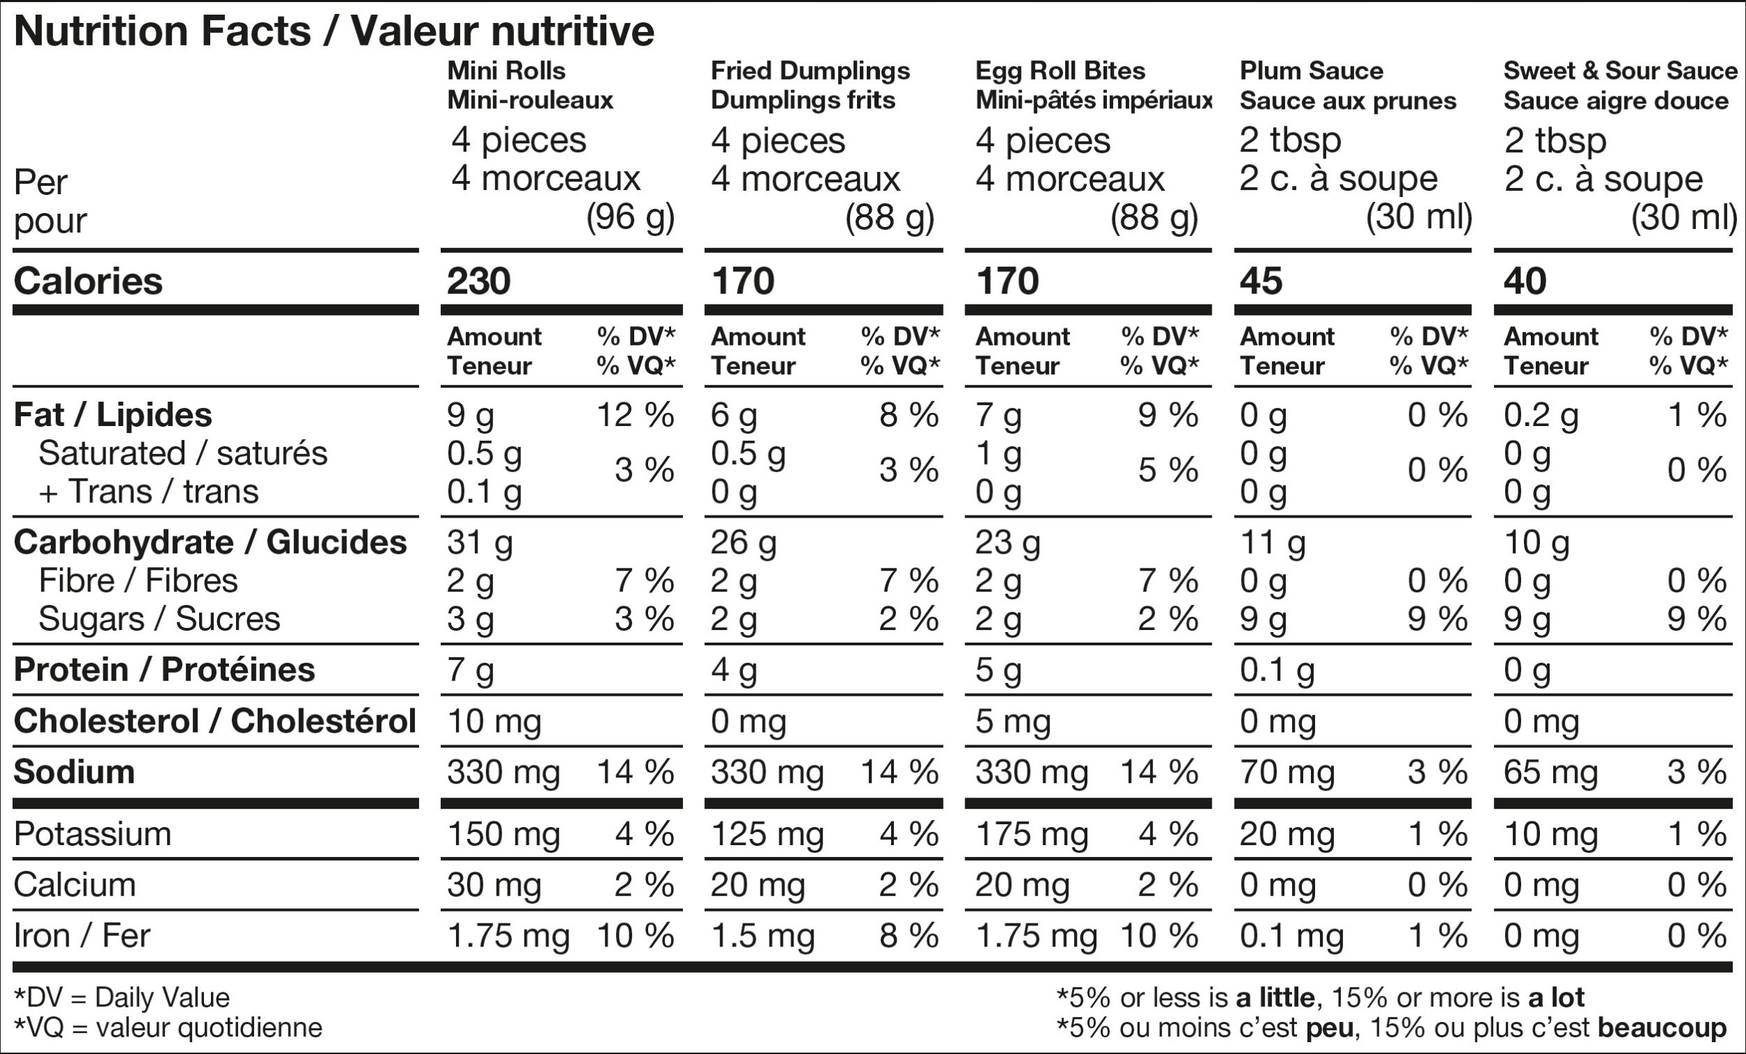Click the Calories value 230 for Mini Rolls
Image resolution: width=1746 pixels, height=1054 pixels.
(x=478, y=281)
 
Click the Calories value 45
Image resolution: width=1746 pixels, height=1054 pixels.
(x=1261, y=281)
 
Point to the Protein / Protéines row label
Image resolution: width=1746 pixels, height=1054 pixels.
(x=164, y=670)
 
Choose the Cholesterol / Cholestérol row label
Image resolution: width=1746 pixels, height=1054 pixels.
(x=214, y=721)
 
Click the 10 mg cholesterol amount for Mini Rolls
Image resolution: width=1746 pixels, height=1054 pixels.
(x=494, y=722)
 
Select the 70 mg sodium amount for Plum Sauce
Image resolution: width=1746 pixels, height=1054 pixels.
(x=1287, y=773)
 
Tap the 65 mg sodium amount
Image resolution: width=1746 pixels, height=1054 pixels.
(x=1551, y=773)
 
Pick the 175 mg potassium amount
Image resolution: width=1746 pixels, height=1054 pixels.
(x=1032, y=834)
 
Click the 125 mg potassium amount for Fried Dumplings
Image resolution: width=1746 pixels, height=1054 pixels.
(x=768, y=834)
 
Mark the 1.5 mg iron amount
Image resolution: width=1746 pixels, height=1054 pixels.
(x=763, y=937)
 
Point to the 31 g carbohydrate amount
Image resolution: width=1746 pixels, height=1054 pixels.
(x=480, y=543)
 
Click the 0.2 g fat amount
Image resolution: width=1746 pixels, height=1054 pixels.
(x=1541, y=416)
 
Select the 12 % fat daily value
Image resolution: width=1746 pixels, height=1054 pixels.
(x=635, y=415)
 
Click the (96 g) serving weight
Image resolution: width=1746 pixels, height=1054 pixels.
(x=630, y=218)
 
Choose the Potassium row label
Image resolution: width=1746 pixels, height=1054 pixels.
(x=93, y=834)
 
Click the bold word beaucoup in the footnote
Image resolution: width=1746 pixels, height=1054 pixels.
(x=1662, y=1027)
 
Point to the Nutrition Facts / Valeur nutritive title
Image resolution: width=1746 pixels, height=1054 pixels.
(x=334, y=31)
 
